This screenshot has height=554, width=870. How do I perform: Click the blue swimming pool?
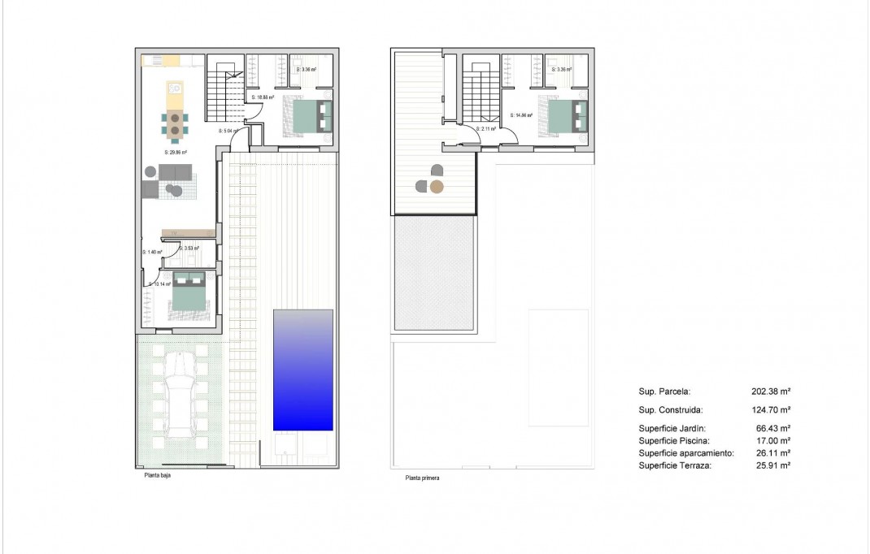click(302, 370)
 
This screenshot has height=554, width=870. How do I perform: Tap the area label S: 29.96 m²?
click(176, 152)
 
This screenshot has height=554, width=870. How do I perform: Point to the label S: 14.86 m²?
click(521, 115)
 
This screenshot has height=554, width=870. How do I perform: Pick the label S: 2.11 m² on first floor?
click(486, 128)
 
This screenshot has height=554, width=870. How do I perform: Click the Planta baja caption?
click(152, 476)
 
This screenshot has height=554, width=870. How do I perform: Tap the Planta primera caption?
click(423, 478)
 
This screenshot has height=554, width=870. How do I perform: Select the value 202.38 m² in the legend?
click(771, 391)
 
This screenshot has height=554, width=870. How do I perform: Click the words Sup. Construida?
click(671, 410)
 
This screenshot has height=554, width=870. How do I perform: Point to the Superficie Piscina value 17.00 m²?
click(773, 440)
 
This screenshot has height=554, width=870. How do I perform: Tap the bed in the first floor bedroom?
click(566, 117)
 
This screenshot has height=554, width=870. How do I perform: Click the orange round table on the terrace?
click(437, 188)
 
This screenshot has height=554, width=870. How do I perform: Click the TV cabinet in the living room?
click(189, 234)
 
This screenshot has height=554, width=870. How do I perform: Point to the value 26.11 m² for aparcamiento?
click(773, 452)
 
